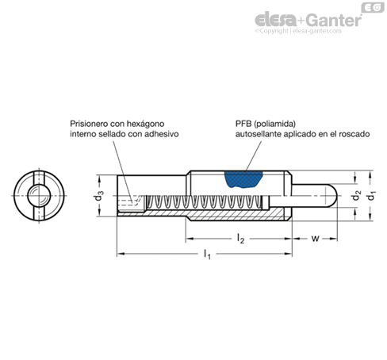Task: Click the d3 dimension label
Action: click(x=99, y=196)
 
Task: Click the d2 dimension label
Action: click(x=356, y=196)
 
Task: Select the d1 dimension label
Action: click(x=371, y=196)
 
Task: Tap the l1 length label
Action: click(x=207, y=255)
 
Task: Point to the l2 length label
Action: click(x=240, y=239)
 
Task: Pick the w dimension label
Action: click(x=315, y=239)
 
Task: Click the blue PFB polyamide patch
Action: click(x=243, y=179)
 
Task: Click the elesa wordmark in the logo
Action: click(x=275, y=21)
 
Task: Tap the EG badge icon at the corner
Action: click(x=373, y=7)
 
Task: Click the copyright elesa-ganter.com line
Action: click(x=298, y=31)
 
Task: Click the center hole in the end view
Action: click(x=39, y=196)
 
